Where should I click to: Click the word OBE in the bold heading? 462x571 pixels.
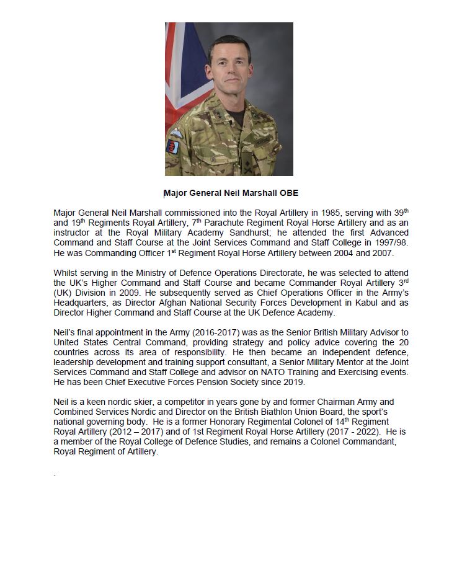point(289,193)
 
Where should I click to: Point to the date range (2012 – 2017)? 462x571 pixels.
point(130,432)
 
